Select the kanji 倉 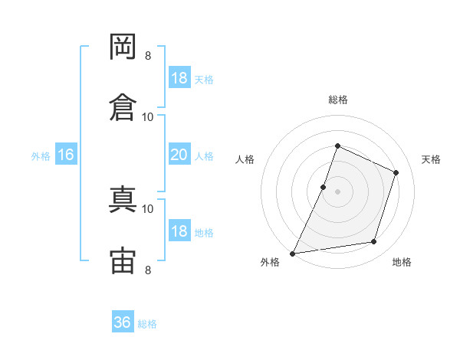[123, 107]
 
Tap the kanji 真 [123, 200]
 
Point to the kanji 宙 [123, 260]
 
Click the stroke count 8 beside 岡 [148, 55]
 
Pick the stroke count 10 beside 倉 [148, 116]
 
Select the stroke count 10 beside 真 [148, 208]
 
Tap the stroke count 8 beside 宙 [148, 270]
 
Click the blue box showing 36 [123, 322]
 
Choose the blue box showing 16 [66, 155]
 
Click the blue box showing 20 [179, 155]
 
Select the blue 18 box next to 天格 [179, 78]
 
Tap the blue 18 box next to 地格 [179, 231]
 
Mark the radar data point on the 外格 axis [292, 253]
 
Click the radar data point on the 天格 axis [396, 172]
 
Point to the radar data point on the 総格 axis [337, 146]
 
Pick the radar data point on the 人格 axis [324, 187]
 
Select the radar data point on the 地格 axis [374, 242]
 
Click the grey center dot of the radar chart [337, 191]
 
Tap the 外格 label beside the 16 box [41, 155]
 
